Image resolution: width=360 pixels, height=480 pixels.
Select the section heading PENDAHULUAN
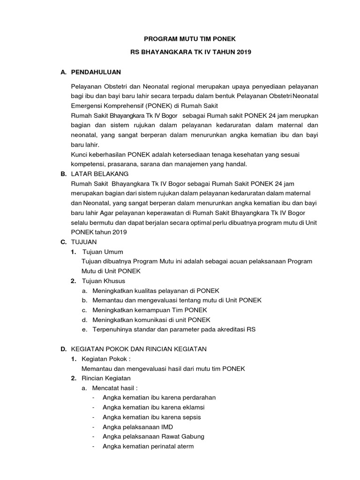tap(96, 72)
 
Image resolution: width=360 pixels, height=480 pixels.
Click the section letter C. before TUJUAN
tap(63, 242)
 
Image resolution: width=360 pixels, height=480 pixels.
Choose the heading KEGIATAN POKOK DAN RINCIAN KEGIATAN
tap(138, 349)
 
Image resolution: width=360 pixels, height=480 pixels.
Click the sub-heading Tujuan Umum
tap(102, 252)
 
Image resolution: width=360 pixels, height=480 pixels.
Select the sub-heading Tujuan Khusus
tap(103, 281)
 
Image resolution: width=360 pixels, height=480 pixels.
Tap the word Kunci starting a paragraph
tap(79, 154)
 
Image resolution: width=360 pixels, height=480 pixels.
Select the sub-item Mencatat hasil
tap(115, 388)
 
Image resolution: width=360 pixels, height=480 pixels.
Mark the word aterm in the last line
tap(184, 446)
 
